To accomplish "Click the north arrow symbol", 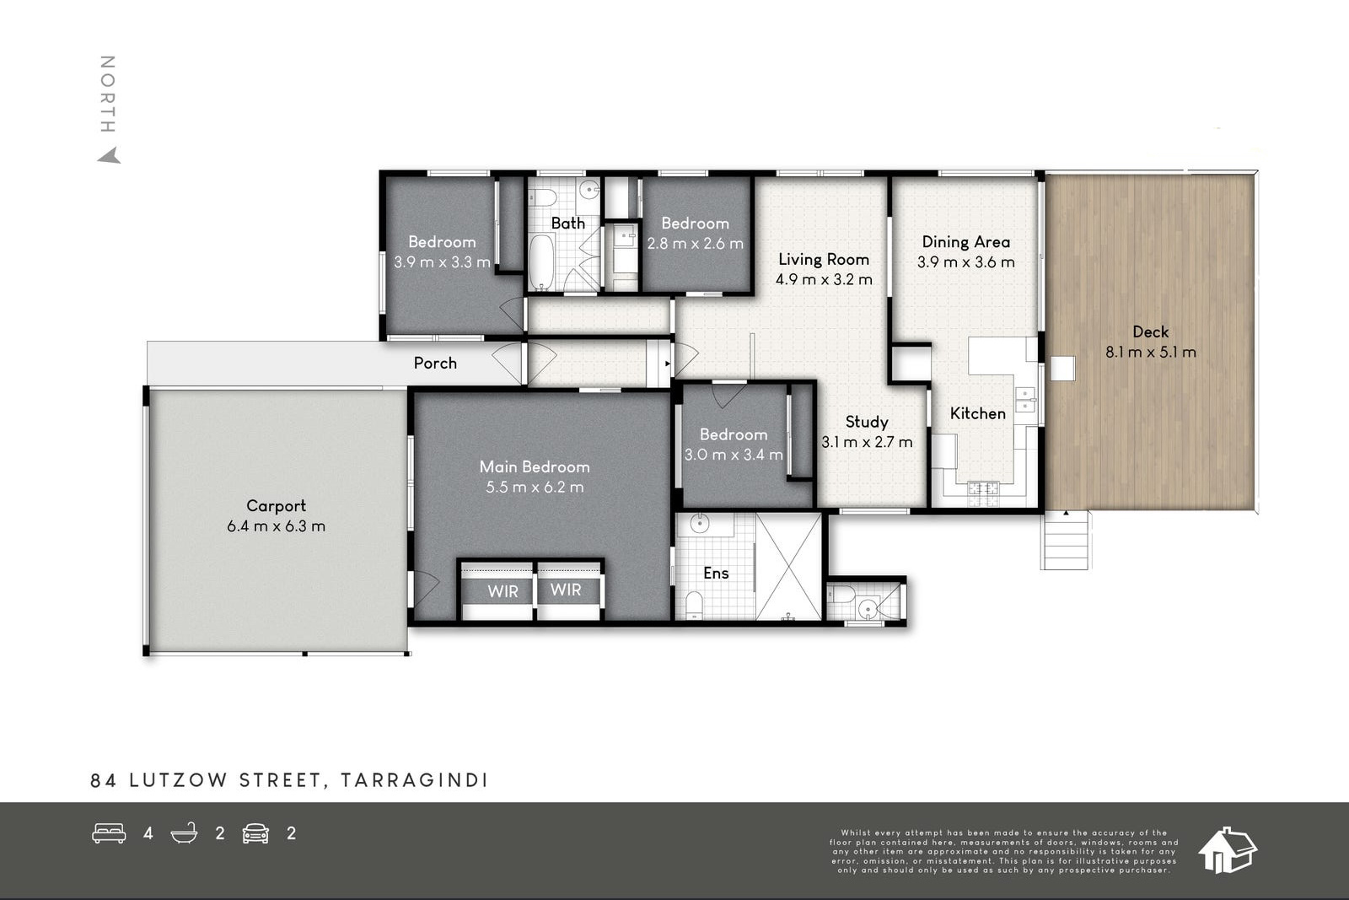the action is [110, 156].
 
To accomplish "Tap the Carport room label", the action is [276, 506].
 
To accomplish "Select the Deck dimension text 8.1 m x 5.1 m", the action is [1150, 352].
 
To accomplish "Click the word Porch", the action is [435, 364].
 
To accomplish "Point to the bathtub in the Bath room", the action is [541, 262].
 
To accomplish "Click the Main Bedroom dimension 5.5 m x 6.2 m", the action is [535, 487].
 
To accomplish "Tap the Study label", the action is [867, 423].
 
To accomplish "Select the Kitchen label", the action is [977, 414].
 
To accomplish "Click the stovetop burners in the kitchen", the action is [983, 494].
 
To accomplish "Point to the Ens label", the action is [716, 574].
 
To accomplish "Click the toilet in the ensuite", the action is [695, 604].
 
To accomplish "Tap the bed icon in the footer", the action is [109, 833].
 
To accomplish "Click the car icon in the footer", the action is [255, 833].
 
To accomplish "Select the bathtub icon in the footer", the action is [185, 833].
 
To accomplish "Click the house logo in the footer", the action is [1228, 850].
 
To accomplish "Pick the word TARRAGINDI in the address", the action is [414, 781].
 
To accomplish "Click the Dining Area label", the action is [966, 242].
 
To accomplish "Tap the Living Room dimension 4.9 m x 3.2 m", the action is [824, 279].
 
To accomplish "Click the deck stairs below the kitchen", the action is [1065, 541].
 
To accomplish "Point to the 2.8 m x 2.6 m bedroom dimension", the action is [695, 244].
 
